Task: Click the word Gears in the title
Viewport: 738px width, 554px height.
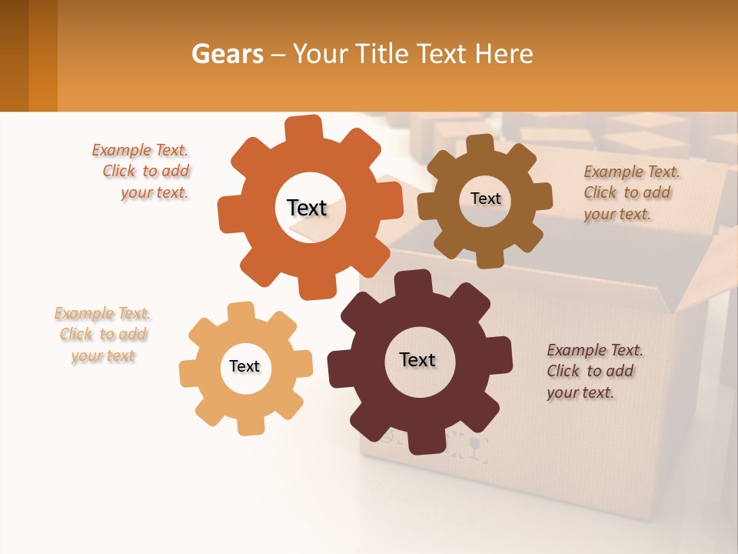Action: point(226,54)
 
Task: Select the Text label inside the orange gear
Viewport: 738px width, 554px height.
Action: point(307,208)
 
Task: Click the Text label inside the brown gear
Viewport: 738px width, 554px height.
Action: point(485,199)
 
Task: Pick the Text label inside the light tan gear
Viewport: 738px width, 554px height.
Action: point(244,366)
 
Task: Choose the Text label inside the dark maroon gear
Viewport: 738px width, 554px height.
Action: point(417,359)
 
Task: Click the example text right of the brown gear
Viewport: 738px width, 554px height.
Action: point(631,192)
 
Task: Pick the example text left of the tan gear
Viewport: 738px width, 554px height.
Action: point(102,335)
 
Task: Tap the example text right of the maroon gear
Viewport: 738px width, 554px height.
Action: point(594,371)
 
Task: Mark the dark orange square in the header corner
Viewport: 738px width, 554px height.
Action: point(28,55)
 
